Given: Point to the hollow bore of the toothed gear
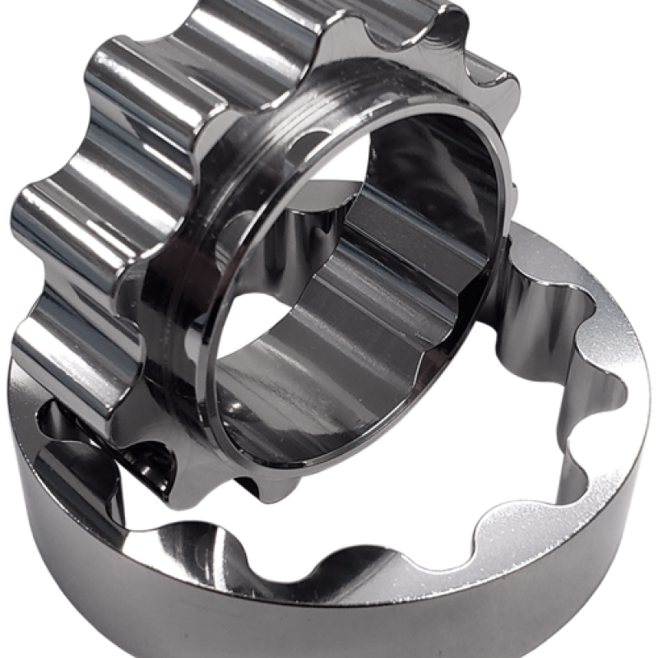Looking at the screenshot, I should pos(345,271).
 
